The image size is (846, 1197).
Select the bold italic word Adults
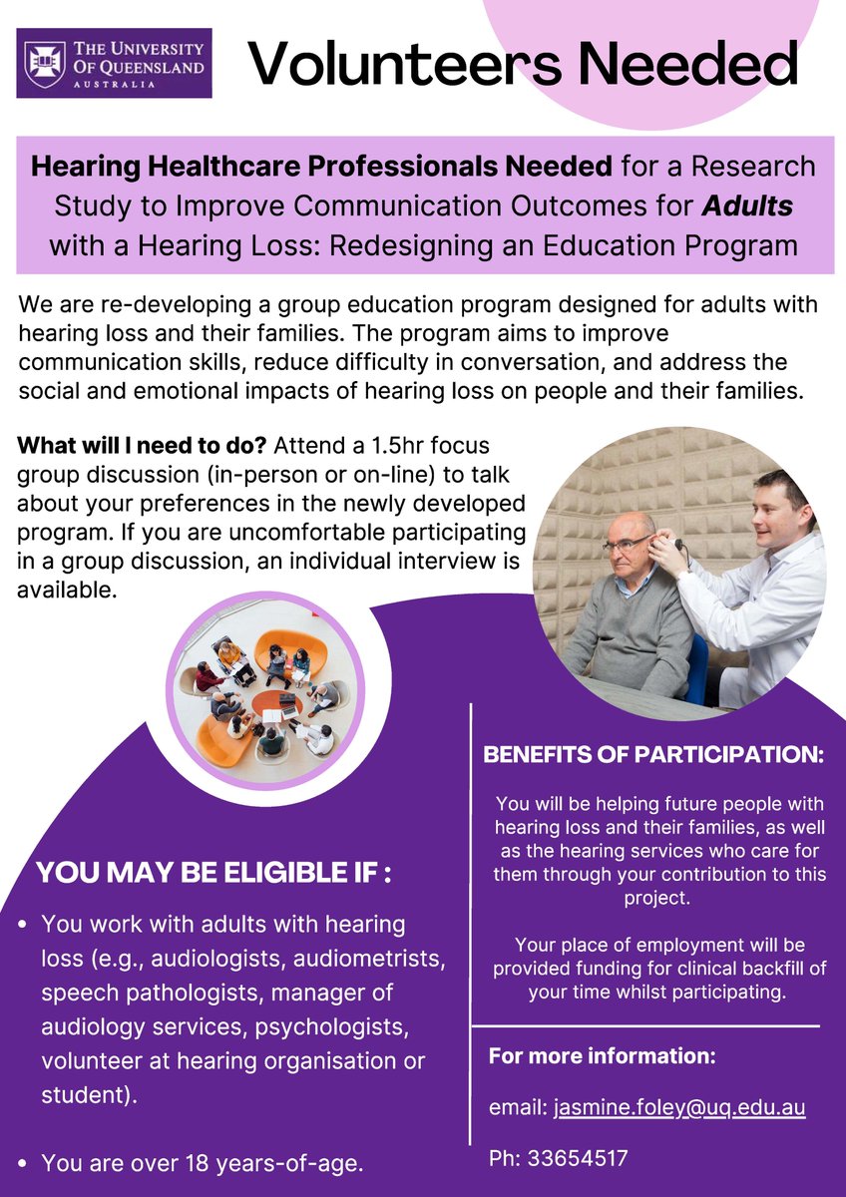click(746, 204)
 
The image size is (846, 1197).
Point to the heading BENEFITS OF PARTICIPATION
click(653, 755)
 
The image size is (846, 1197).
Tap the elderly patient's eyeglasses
click(626, 542)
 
